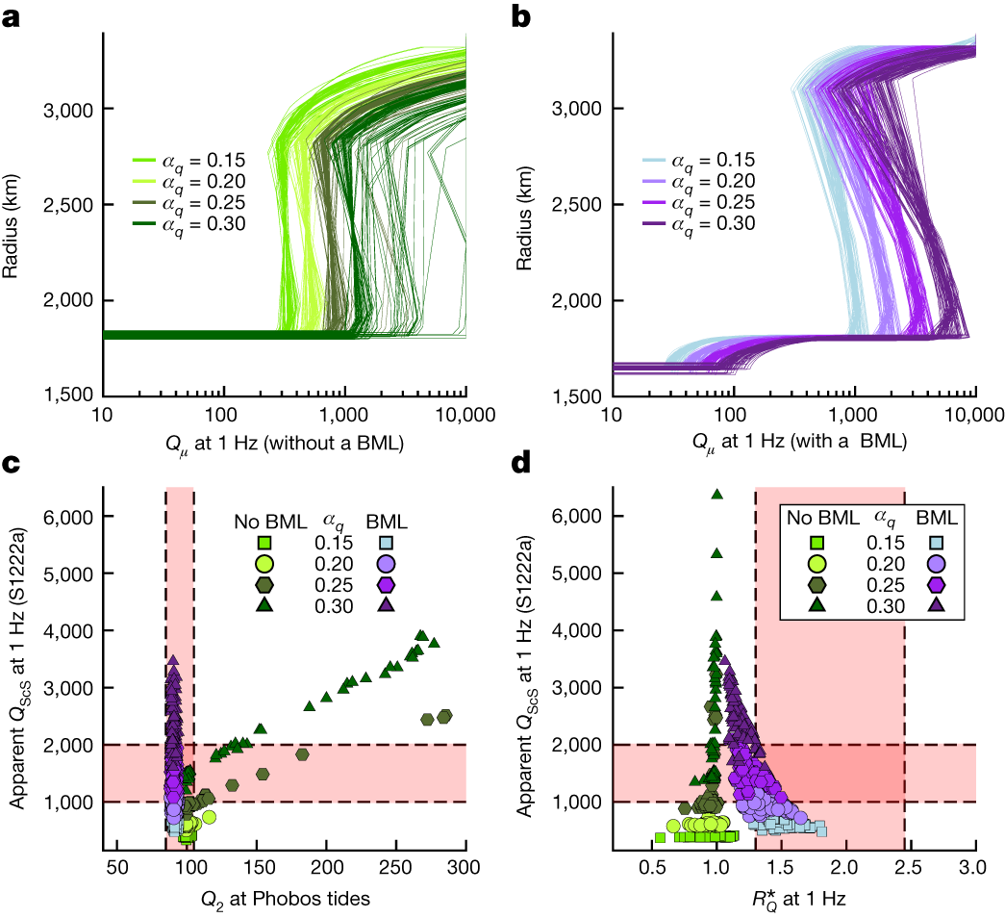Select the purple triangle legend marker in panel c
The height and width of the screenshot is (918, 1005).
click(x=389, y=605)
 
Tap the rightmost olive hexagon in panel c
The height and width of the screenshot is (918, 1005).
click(x=445, y=716)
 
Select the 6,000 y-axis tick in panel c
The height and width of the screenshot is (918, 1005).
click(x=65, y=517)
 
